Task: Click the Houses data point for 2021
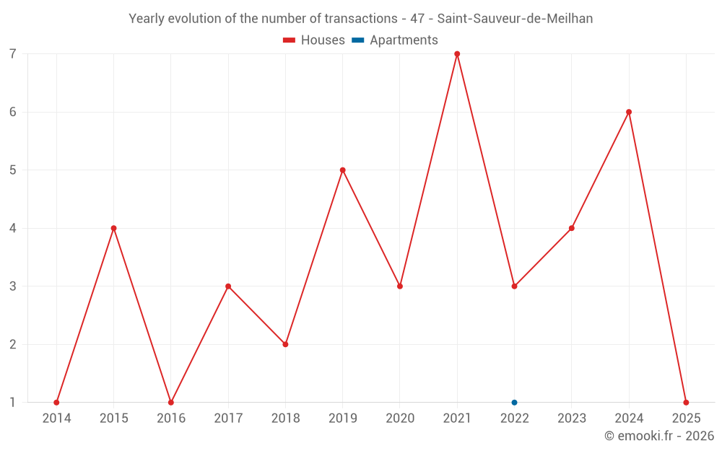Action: click(x=457, y=54)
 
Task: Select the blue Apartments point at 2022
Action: click(x=514, y=403)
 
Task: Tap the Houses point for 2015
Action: click(x=113, y=228)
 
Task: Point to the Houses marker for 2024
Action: click(x=629, y=112)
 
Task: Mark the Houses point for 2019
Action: click(x=343, y=170)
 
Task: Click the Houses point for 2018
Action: click(x=285, y=344)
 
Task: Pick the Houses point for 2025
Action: click(x=686, y=403)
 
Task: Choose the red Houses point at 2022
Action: click(x=514, y=286)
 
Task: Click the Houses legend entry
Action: click(x=314, y=40)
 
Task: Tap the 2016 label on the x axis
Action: click(x=171, y=419)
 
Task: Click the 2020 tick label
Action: click(x=400, y=419)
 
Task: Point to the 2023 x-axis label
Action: click(x=572, y=419)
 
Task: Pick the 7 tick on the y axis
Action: click(x=13, y=54)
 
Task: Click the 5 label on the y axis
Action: click(x=13, y=170)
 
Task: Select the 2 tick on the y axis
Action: click(x=13, y=344)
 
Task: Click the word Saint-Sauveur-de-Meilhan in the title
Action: click(x=515, y=19)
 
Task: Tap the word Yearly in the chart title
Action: click(x=147, y=19)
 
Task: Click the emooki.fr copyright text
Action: click(x=659, y=436)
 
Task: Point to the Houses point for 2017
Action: click(x=228, y=286)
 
